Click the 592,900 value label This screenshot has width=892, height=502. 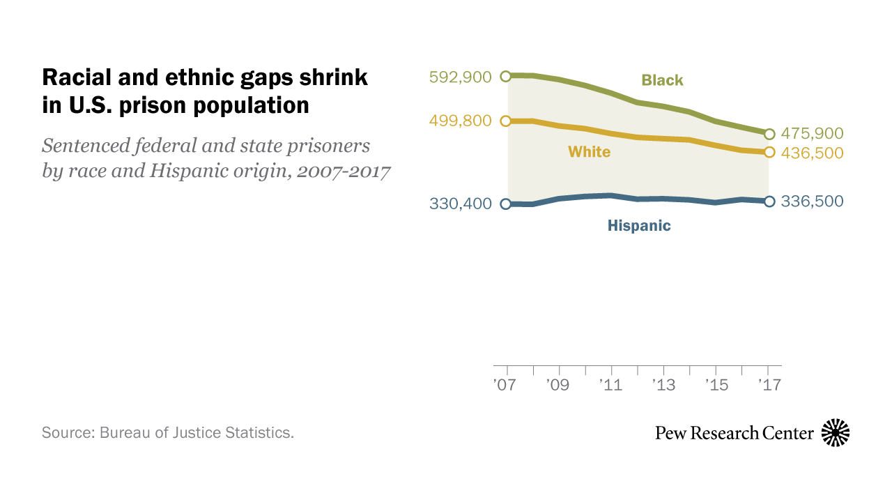click(x=461, y=77)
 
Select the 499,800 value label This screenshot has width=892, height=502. click(x=461, y=121)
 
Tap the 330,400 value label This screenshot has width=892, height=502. click(x=461, y=204)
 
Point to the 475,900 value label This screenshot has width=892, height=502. click(x=812, y=133)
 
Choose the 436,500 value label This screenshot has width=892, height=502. click(x=812, y=153)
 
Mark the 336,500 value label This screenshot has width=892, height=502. click(x=812, y=201)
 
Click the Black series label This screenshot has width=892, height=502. click(x=662, y=80)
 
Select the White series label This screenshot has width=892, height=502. click(x=589, y=151)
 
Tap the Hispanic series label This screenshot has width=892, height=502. click(x=638, y=225)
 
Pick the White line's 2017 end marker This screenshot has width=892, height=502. click(x=769, y=152)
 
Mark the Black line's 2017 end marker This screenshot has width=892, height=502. click(x=769, y=134)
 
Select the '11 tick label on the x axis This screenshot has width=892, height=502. click(x=610, y=384)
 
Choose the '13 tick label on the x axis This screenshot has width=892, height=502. click(x=664, y=384)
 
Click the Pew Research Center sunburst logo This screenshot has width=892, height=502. click(x=836, y=433)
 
